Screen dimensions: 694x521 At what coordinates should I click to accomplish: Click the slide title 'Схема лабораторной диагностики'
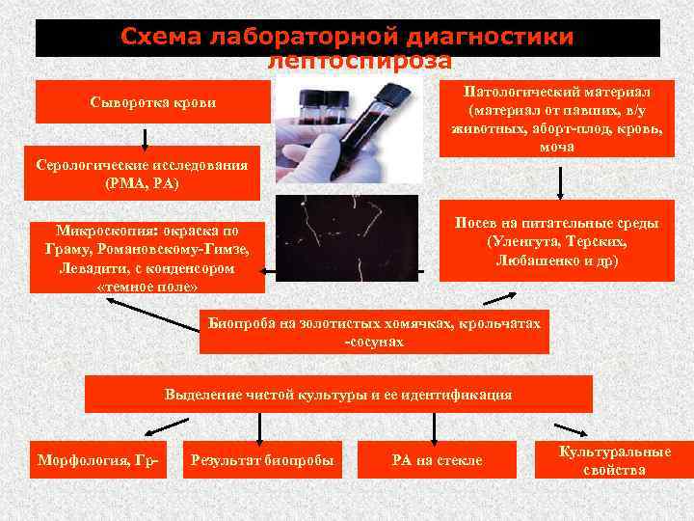point(347,36)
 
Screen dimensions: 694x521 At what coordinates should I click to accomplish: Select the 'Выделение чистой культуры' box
point(338,395)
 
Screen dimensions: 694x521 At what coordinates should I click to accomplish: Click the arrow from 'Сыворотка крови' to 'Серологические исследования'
point(145,136)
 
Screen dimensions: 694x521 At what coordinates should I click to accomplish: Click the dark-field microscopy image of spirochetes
point(347,235)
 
